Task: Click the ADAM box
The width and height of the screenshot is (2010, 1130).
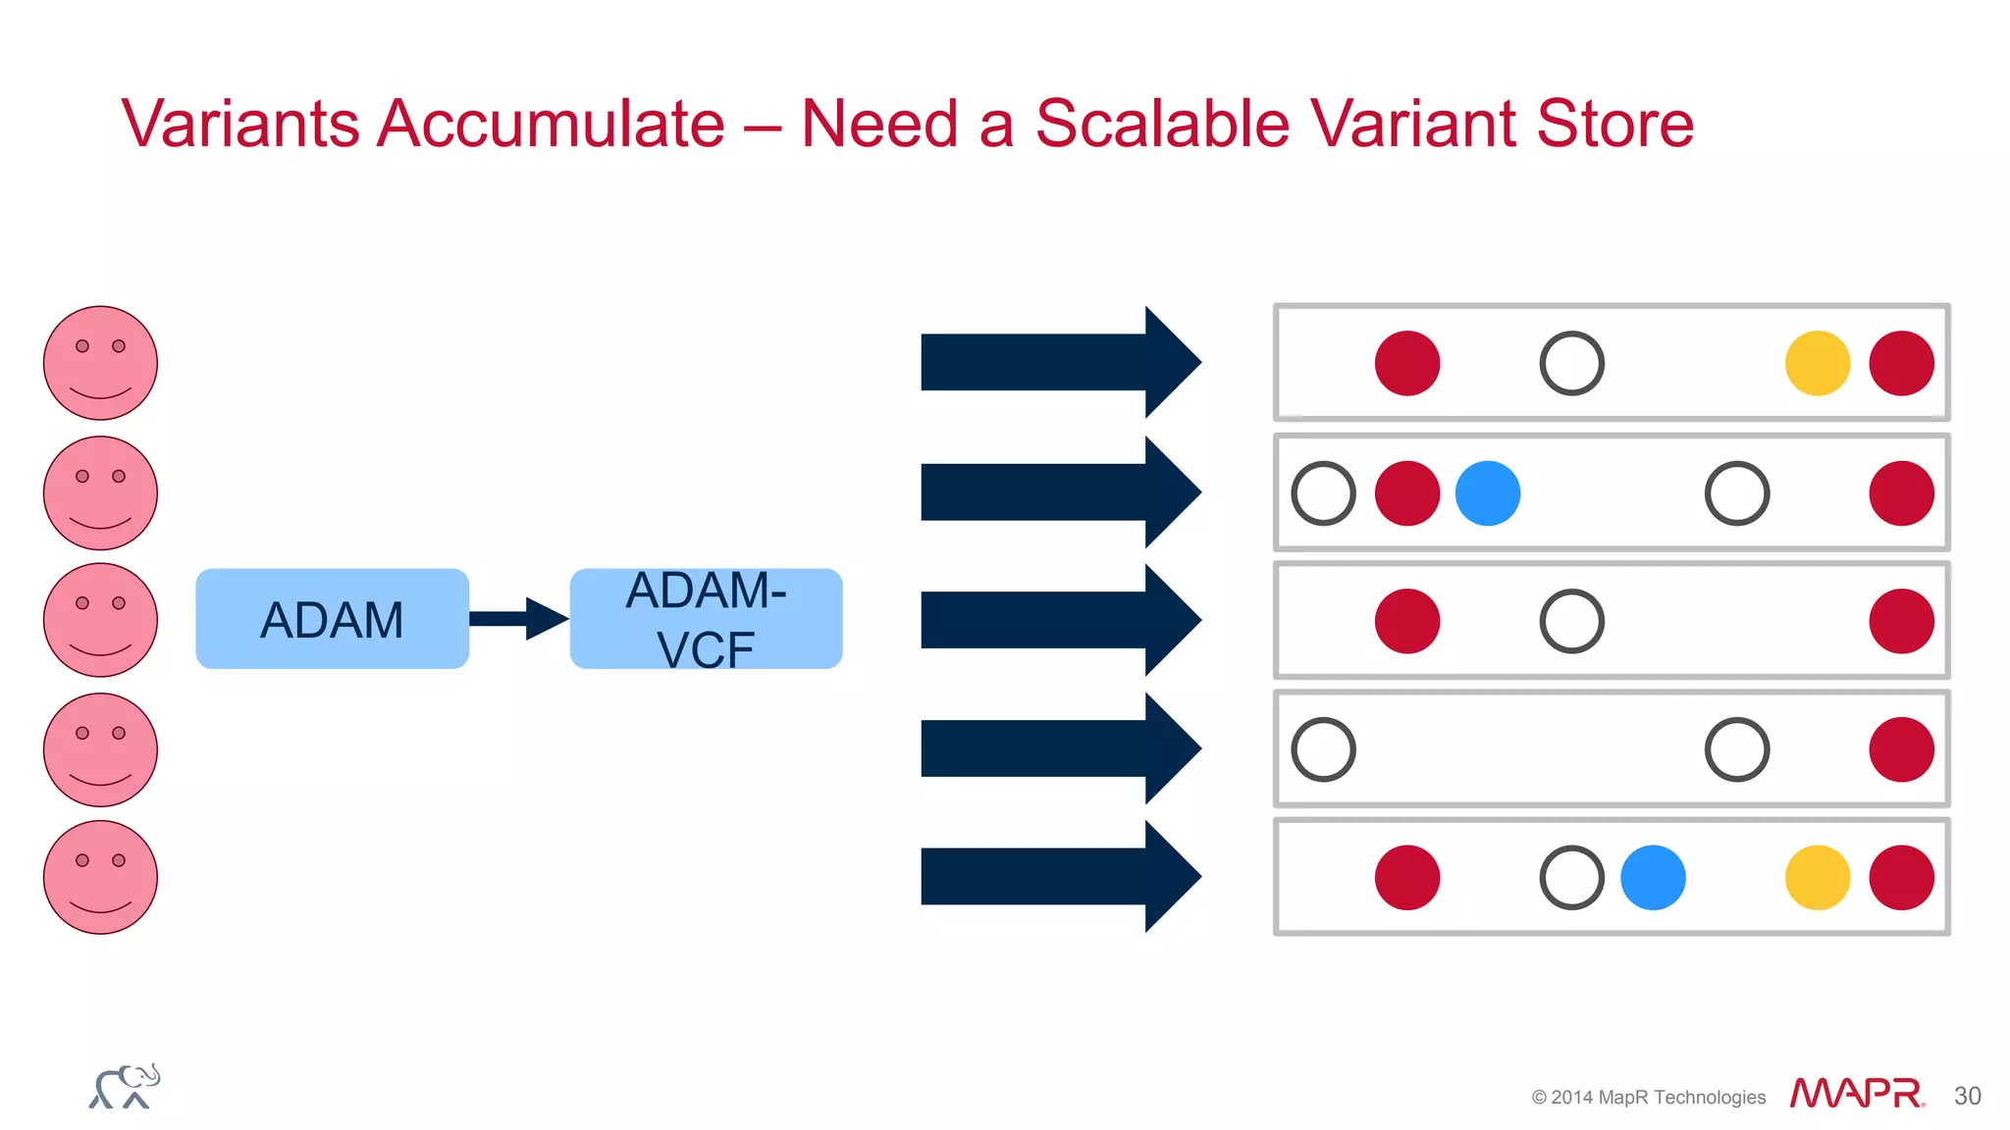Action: click(x=332, y=619)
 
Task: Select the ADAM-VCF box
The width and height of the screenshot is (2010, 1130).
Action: click(x=706, y=619)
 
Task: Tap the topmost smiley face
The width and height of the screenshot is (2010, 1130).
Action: click(x=100, y=363)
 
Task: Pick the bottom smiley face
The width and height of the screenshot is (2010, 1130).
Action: click(x=100, y=877)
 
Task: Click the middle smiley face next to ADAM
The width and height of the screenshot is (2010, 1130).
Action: click(x=100, y=620)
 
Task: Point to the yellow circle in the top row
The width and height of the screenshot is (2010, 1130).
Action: click(x=1817, y=363)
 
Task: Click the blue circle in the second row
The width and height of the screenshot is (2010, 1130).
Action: click(x=1487, y=493)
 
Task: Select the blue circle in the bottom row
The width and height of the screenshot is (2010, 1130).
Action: click(x=1653, y=878)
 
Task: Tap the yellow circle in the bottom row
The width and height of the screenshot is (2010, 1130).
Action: click(x=1817, y=878)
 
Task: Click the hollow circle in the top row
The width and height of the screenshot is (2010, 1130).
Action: click(x=1571, y=363)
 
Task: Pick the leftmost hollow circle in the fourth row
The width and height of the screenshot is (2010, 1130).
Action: click(x=1323, y=749)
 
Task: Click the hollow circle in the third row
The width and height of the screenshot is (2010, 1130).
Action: click(x=1571, y=621)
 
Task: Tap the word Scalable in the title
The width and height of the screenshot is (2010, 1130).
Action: click(x=1162, y=124)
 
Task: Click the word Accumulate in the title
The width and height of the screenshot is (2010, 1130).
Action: click(x=551, y=124)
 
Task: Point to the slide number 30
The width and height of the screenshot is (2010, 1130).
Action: click(x=1967, y=1096)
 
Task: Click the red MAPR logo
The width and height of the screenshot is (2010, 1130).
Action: click(x=1855, y=1093)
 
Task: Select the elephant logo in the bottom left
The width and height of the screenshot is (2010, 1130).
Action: click(x=125, y=1087)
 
